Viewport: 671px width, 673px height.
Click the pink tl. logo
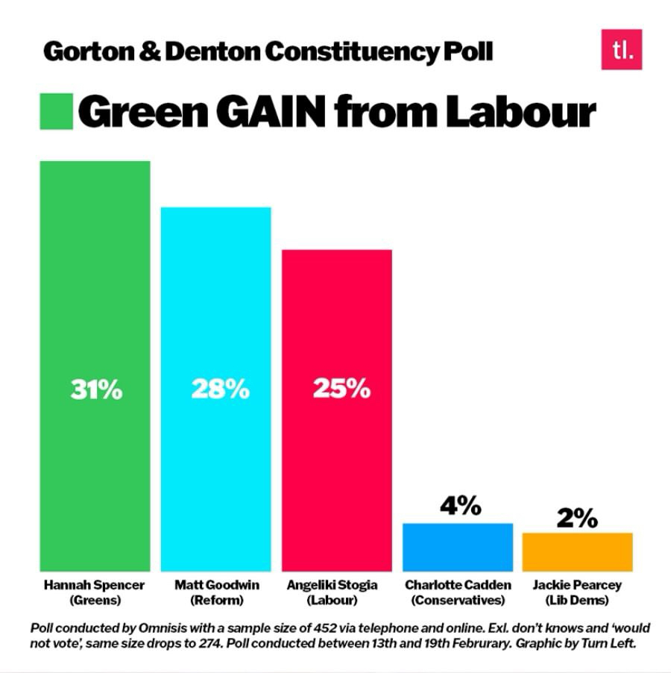(621, 49)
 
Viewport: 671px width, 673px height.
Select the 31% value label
(96, 389)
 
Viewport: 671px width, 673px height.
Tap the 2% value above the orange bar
(577, 517)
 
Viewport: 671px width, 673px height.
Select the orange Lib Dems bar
(577, 552)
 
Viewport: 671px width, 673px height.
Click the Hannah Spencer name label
(94, 586)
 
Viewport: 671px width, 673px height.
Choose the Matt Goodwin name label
(217, 586)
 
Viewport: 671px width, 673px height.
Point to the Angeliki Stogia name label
(335, 586)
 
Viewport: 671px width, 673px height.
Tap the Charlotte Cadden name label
(458, 586)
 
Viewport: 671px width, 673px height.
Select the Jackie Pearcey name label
(578, 586)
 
